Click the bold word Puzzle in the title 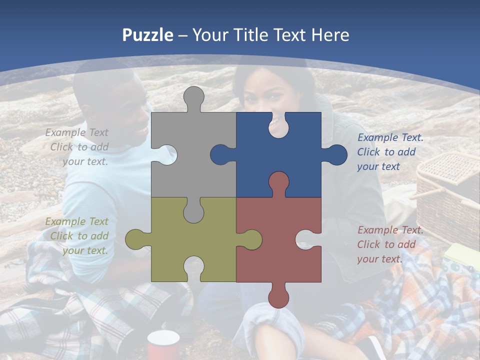point(148,35)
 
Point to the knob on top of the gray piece point(194,98)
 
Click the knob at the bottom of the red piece point(278,296)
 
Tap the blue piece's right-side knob point(335,155)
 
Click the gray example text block point(78,147)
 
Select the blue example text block point(388,152)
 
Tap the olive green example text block point(78,236)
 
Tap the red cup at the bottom point(163,345)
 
